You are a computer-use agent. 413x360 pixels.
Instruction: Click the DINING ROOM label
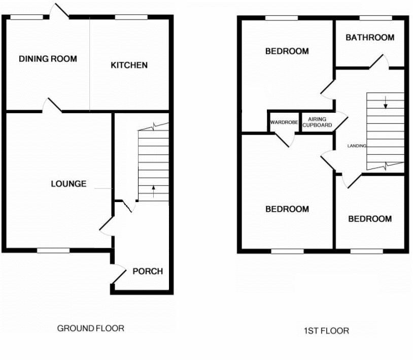point(48,59)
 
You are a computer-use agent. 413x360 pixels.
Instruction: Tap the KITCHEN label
point(129,65)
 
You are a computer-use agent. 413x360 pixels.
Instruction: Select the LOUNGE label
point(68,184)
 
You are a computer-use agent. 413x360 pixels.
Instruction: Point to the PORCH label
point(148,271)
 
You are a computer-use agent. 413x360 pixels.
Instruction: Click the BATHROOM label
point(370,38)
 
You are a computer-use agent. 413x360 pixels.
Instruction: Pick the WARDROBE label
point(283,122)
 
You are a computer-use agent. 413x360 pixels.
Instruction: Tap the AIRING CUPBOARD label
point(317,122)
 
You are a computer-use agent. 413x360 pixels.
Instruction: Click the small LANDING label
point(357,146)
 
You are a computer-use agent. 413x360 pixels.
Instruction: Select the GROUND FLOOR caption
point(90,328)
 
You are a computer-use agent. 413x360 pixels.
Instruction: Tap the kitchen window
point(131,17)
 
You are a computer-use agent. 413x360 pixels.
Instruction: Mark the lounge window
point(53,250)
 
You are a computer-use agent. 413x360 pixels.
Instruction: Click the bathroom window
point(375,18)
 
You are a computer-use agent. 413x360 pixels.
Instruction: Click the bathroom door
point(378,63)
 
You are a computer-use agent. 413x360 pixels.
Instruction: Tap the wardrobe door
point(285,139)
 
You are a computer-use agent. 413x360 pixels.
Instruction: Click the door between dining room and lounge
point(52,106)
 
